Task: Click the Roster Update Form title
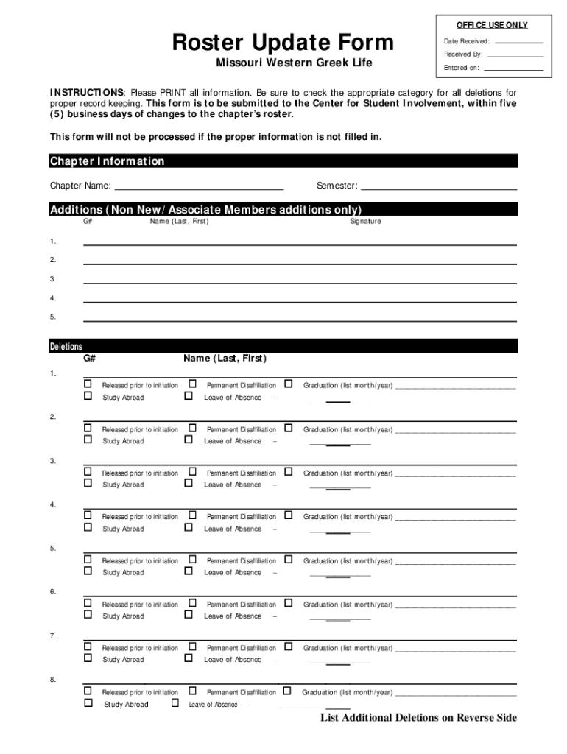click(x=283, y=43)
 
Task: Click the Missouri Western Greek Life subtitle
click(x=294, y=63)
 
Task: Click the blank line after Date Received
click(x=518, y=42)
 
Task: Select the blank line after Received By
click(x=515, y=55)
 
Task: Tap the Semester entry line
click(x=439, y=186)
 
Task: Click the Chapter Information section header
click(x=108, y=161)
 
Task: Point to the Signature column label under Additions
click(x=365, y=222)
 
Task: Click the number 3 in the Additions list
click(x=53, y=279)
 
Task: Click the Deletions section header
click(x=66, y=346)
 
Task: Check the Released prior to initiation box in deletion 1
click(x=88, y=384)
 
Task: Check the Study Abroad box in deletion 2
click(x=88, y=440)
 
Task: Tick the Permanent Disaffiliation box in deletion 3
click(x=192, y=471)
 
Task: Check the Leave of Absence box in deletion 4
click(x=189, y=527)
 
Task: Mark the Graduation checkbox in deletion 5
click(x=289, y=559)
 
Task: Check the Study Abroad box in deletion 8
click(x=88, y=702)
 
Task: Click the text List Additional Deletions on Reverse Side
click(x=418, y=718)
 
